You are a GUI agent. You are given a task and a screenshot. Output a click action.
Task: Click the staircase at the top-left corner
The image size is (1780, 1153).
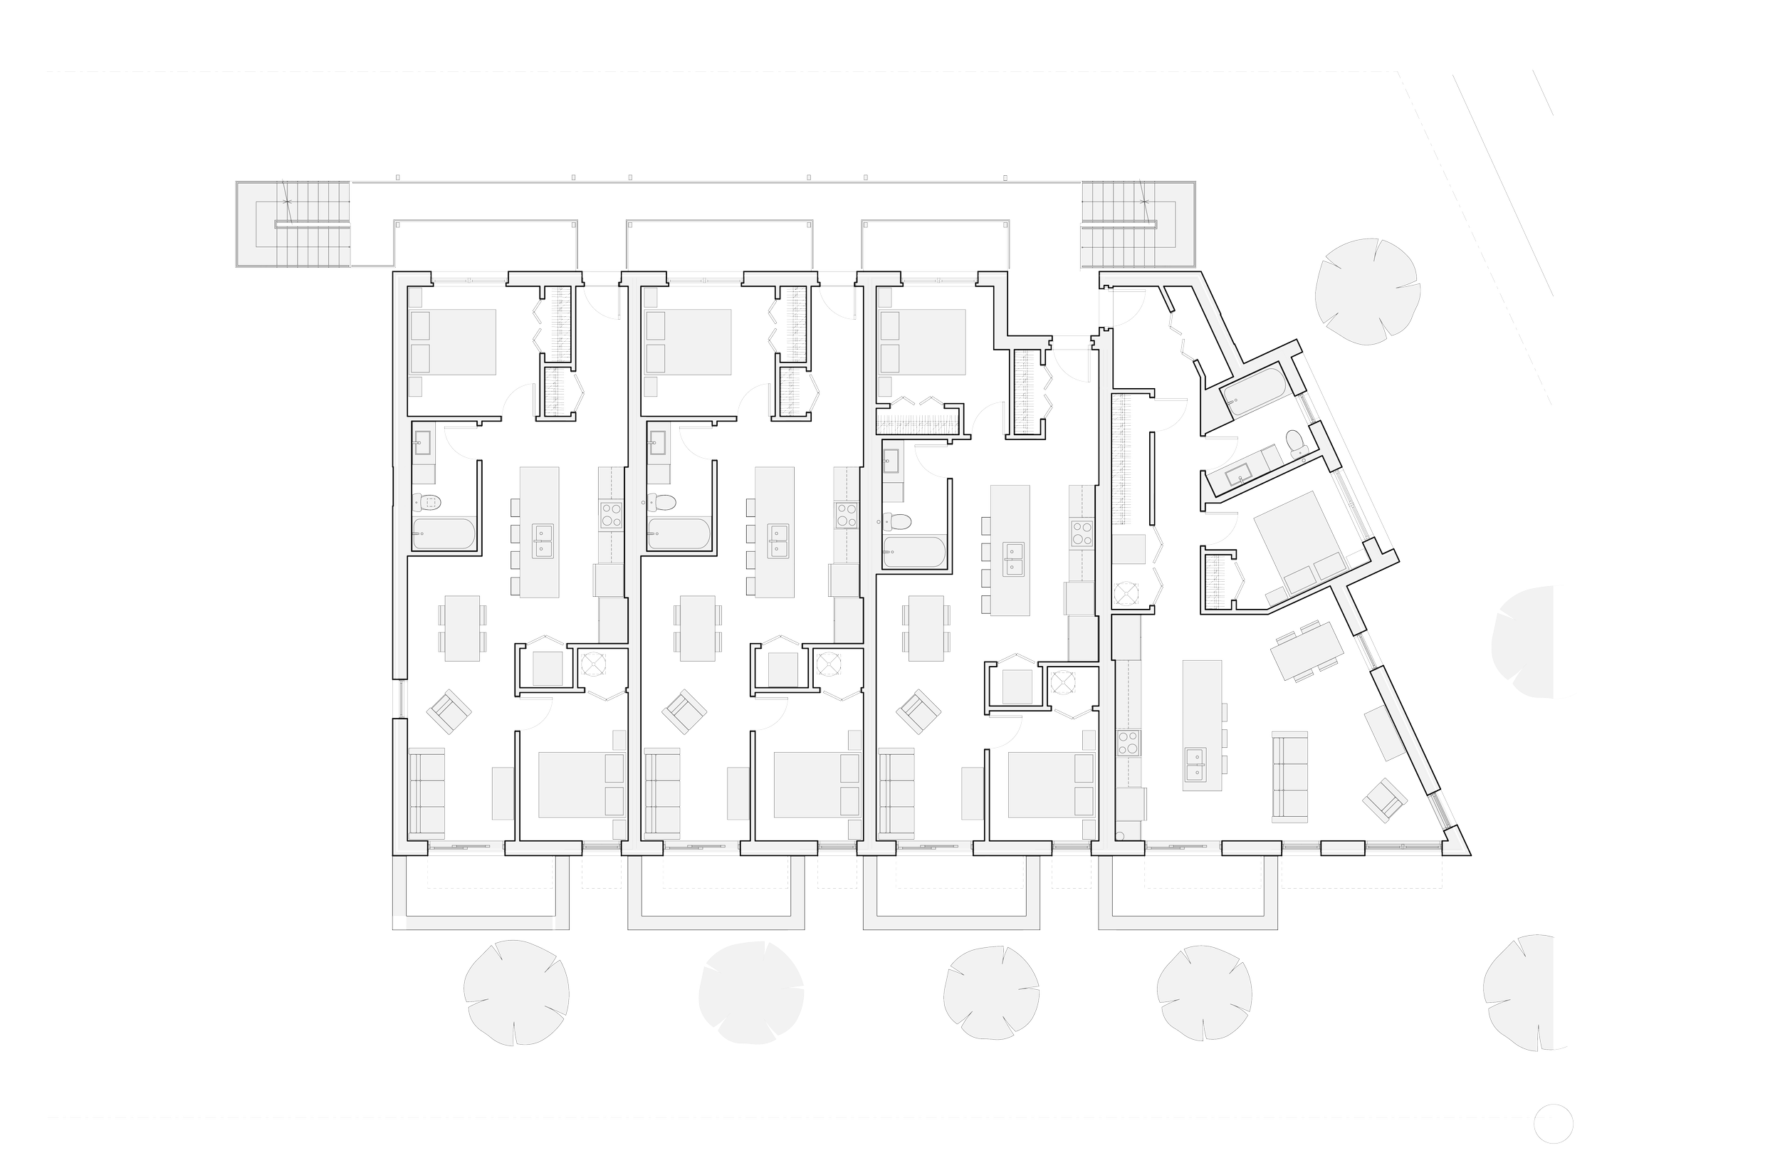[x=293, y=224]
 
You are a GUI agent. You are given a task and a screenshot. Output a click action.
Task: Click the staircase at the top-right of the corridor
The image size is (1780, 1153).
[x=1138, y=224]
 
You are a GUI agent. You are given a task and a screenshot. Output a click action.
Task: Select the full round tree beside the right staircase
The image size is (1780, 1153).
[x=1366, y=292]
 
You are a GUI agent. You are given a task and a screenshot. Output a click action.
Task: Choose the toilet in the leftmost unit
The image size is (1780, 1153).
[x=429, y=501]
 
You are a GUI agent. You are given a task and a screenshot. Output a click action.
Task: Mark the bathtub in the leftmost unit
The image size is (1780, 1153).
[x=443, y=534]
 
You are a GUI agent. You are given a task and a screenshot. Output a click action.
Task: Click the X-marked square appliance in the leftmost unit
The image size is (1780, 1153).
[x=595, y=664]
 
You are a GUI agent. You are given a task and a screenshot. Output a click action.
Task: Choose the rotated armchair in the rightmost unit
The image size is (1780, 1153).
[x=1384, y=800]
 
